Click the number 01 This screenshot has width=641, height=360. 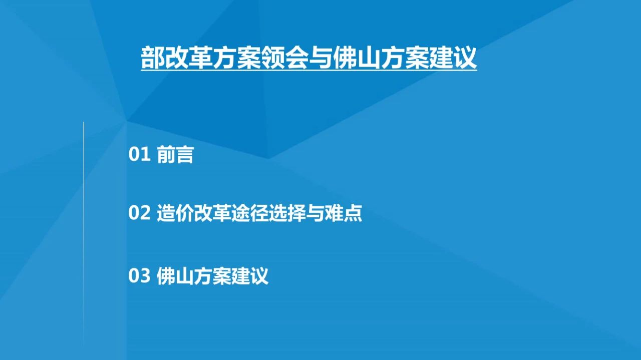point(139,154)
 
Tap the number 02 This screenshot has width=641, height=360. point(139,213)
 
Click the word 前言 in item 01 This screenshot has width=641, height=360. point(175,155)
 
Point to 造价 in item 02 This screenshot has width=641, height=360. point(175,213)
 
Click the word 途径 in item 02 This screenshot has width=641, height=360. point(250,213)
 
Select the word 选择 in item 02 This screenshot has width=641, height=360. point(287,213)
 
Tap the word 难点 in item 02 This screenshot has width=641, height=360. point(344,213)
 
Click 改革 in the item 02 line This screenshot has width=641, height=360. point(213,213)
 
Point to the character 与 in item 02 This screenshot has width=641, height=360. point(315,213)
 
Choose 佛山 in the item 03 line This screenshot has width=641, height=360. point(175,276)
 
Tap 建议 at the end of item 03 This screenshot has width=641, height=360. point(250,276)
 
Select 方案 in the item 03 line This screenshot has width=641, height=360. point(213,276)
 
